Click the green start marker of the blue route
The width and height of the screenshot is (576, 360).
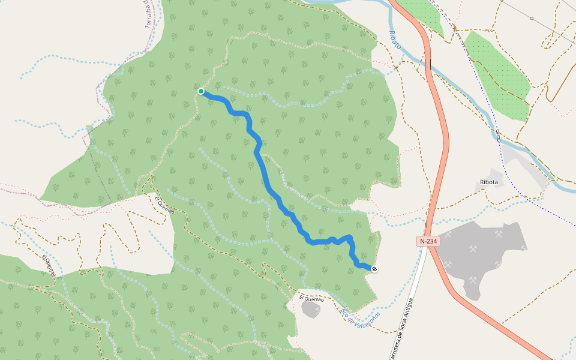(x=201, y=91)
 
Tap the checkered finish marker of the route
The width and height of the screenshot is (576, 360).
(x=374, y=269)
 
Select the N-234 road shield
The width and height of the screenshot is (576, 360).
(x=428, y=241)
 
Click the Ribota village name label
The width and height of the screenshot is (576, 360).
(x=489, y=182)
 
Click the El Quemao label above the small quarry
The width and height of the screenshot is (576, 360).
(x=311, y=298)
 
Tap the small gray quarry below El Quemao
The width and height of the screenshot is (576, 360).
(x=311, y=310)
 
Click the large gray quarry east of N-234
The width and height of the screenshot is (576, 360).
(x=480, y=255)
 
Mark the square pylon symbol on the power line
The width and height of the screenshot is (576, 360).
(x=532, y=18)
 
